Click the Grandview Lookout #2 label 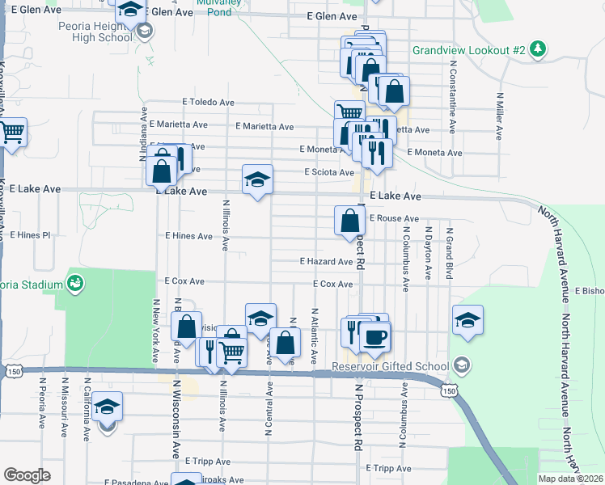[x=468, y=50]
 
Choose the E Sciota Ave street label [x=329, y=172]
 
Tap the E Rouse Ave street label [x=394, y=218]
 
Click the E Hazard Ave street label [x=326, y=262]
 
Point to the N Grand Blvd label [x=448, y=254]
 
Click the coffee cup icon [x=374, y=336]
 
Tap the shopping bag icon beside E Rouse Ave [x=349, y=220]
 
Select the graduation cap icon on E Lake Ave [x=258, y=179]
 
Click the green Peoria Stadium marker [x=76, y=284]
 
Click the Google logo [x=27, y=475]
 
